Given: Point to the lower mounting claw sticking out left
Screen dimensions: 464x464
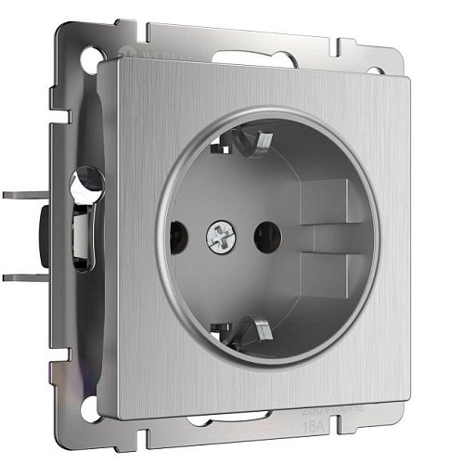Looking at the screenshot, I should tap(23, 276).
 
